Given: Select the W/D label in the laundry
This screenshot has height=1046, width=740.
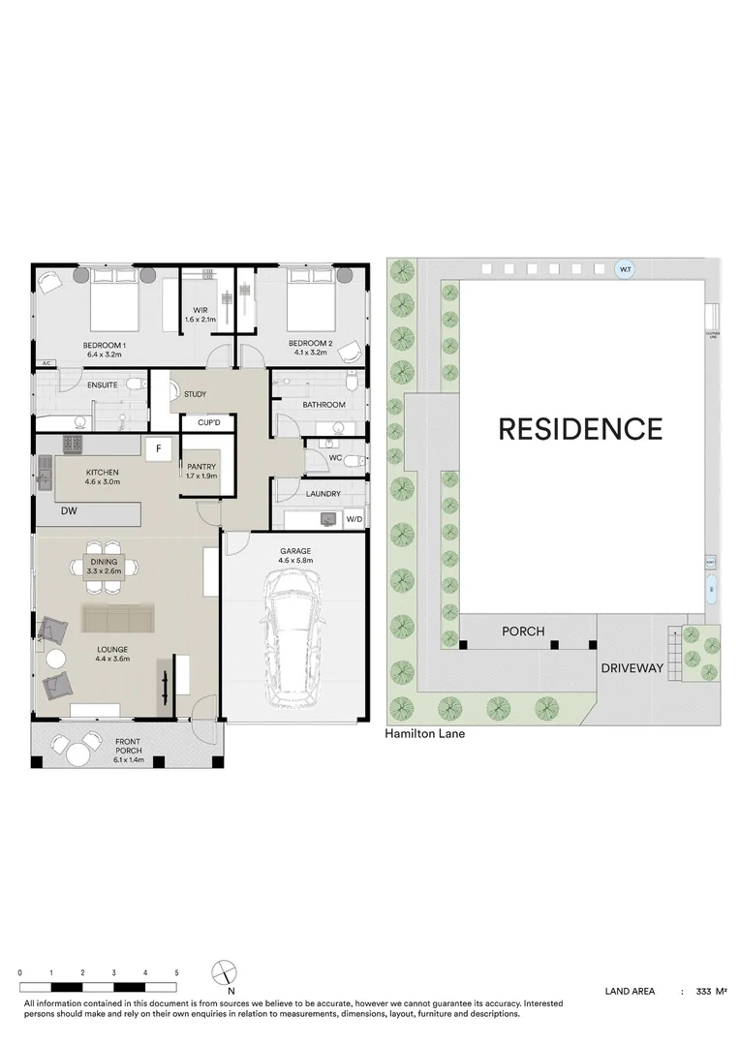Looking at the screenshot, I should pyautogui.click(x=354, y=520).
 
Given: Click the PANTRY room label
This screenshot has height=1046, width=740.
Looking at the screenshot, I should pyautogui.click(x=201, y=467).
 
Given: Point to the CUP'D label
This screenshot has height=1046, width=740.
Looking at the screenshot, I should pyautogui.click(x=208, y=423).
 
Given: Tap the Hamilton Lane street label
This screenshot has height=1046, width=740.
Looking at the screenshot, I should pyautogui.click(x=425, y=734).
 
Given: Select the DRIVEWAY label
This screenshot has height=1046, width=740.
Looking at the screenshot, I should pyautogui.click(x=632, y=668).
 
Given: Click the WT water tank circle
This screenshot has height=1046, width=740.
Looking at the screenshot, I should pyautogui.click(x=626, y=270).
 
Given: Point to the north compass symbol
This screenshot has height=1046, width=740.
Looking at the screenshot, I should pyautogui.click(x=225, y=971).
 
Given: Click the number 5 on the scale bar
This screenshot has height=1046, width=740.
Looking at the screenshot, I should pyautogui.click(x=176, y=971).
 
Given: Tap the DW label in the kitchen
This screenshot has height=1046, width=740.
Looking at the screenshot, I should pyautogui.click(x=68, y=509).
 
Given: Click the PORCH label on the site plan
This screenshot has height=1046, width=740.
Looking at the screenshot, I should pyautogui.click(x=523, y=631).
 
